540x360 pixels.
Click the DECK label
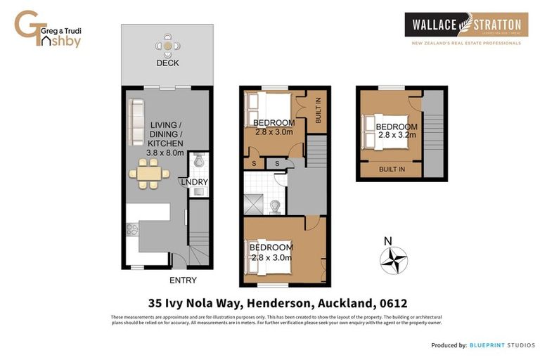tap(167, 63)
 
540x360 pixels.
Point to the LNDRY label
tap(194, 182)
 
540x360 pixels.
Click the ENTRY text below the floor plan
tap(183, 281)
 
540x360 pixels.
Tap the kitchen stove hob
tap(131, 229)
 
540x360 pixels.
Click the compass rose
tap(394, 260)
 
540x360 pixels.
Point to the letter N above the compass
tap(387, 241)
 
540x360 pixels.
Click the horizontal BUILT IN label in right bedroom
tap(391, 169)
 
